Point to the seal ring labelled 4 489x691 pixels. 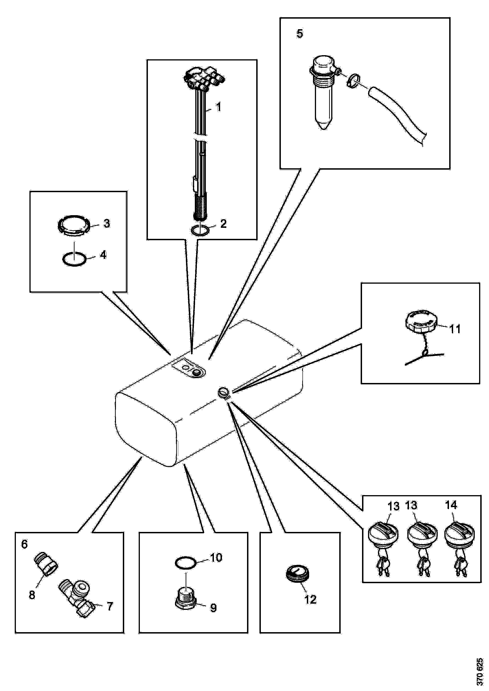click(74, 259)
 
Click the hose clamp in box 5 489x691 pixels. click(352, 81)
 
